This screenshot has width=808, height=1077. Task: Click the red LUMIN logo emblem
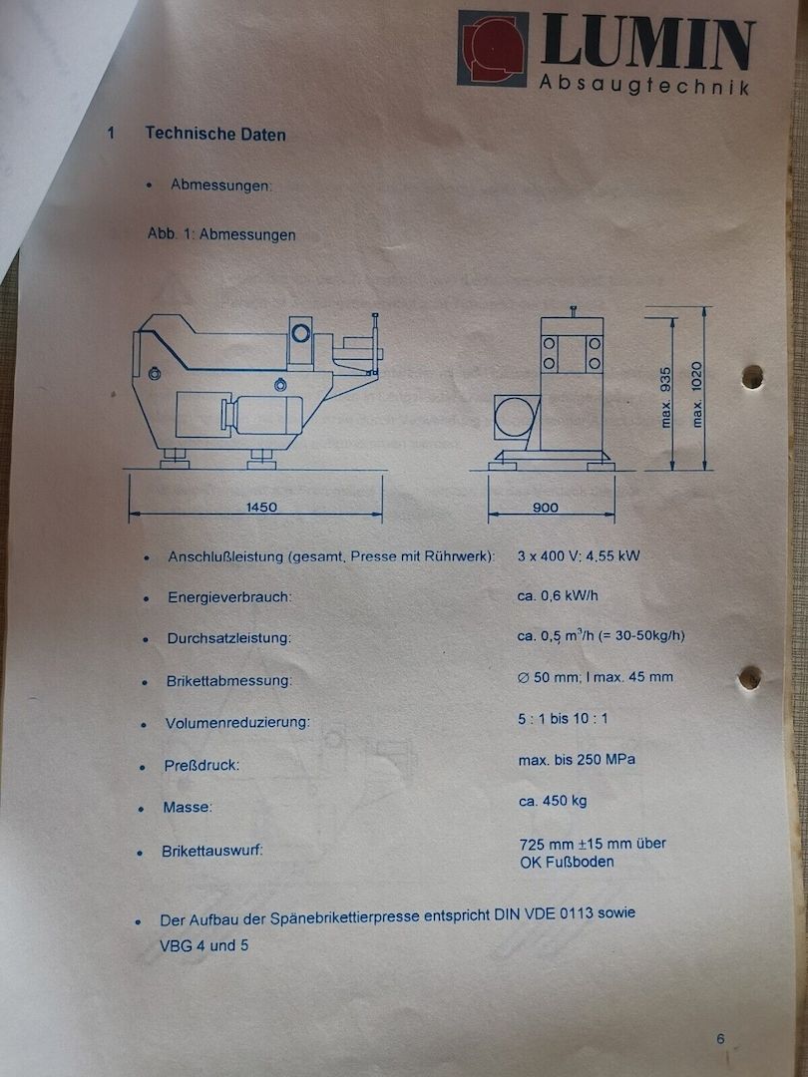492,49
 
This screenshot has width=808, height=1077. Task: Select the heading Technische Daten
214,134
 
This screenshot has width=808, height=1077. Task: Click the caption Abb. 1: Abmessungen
221,235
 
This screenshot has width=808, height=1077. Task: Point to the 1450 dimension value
260,507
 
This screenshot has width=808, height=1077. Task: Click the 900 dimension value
546,507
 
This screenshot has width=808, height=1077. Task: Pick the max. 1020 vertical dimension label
697,393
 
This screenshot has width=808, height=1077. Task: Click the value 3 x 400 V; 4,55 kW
579,555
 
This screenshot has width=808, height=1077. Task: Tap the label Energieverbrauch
229,597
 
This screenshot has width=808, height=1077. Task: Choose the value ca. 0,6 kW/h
558,596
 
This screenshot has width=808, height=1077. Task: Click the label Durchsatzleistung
228,638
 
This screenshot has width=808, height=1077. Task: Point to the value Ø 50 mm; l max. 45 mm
595,677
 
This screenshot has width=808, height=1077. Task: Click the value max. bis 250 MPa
577,760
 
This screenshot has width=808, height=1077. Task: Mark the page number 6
720,1038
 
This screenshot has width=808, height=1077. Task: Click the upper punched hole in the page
752,376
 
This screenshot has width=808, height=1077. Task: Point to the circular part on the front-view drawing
516,416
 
